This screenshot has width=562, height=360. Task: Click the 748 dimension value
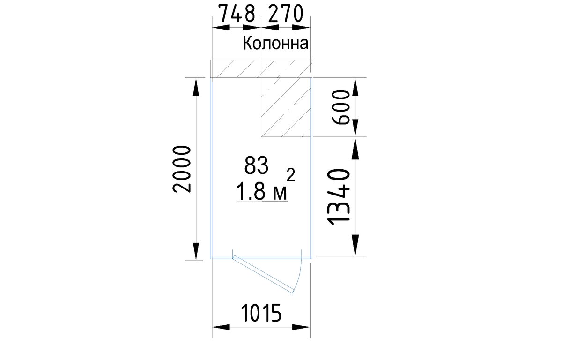click(237, 13)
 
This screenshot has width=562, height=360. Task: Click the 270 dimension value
click(286, 13)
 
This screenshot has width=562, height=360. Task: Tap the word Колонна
click(275, 43)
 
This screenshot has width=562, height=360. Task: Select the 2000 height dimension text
click(182, 169)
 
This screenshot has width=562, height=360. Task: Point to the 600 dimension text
click(340, 107)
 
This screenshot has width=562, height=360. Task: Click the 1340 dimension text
click(339, 196)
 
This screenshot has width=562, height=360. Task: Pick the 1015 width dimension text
click(261, 313)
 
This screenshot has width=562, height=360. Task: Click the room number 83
click(257, 165)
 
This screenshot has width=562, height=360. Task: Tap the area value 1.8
click(251, 191)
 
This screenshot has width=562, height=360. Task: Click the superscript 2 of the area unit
click(291, 175)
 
